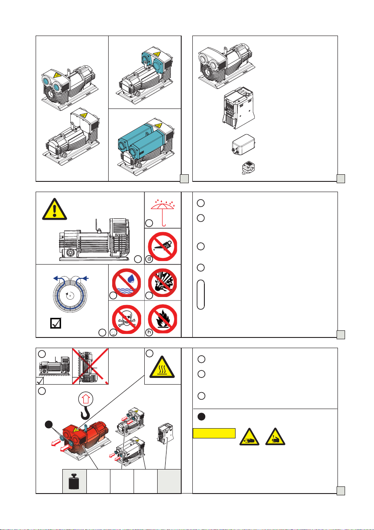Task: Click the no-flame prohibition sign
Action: pyautogui.click(x=163, y=317)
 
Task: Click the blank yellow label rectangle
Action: pyautogui.click(x=214, y=433)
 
